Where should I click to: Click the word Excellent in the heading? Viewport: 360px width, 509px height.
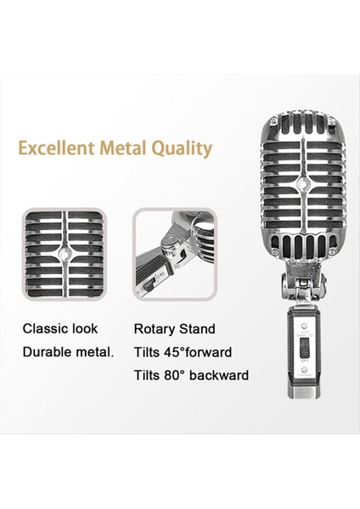53,149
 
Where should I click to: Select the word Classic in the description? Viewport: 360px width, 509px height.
47,328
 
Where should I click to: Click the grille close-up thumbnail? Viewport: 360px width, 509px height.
64,253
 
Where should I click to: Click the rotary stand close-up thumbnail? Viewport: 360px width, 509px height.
174,253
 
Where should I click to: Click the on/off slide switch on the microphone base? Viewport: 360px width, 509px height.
300,350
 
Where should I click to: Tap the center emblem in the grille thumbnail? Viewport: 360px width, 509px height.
64,253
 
